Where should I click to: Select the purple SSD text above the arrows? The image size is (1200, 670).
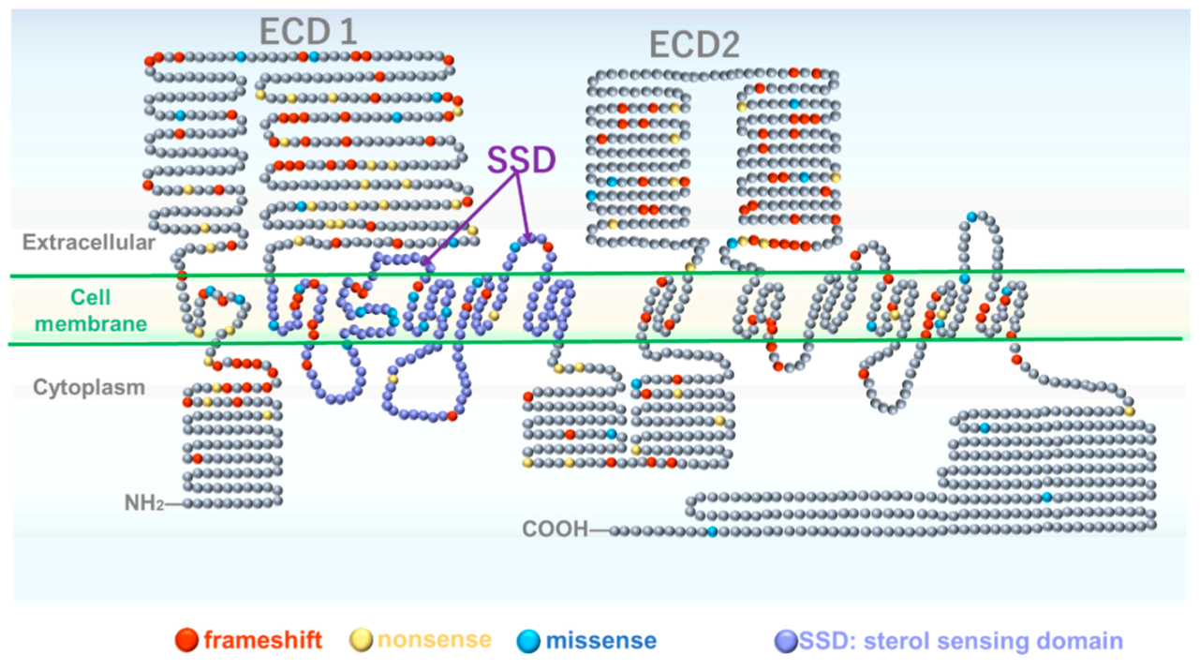520,159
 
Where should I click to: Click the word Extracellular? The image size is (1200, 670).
89,243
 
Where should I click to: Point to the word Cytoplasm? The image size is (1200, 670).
89,386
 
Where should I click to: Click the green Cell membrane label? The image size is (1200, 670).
110,311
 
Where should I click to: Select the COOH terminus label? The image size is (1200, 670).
555,530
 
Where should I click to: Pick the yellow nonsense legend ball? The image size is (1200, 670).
362,641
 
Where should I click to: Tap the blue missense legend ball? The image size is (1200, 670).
529,641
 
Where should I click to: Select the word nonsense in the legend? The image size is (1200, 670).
434,641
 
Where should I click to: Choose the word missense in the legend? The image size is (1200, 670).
601,641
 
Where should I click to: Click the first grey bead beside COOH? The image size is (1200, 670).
615,531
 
